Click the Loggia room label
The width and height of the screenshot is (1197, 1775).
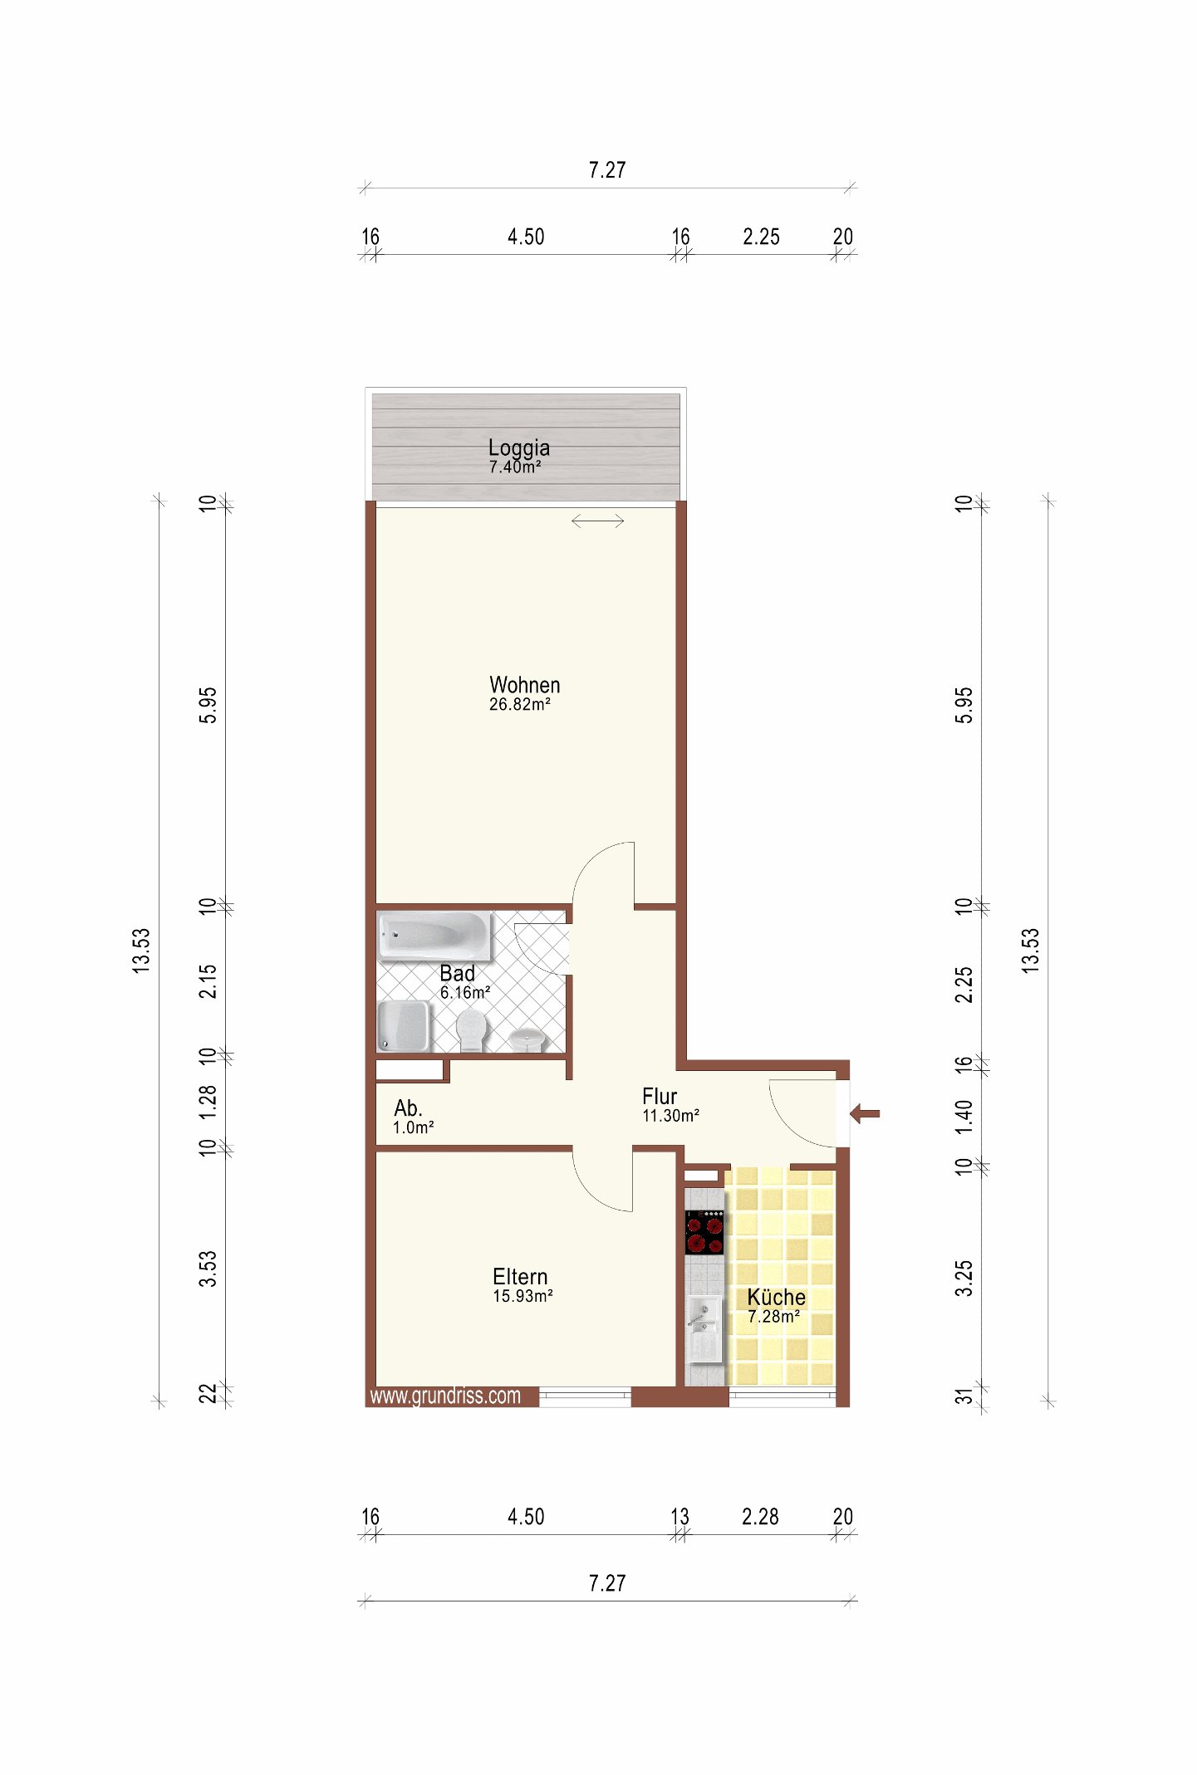point(519,448)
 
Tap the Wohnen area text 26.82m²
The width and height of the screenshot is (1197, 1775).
point(520,705)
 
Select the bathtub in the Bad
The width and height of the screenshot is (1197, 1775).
point(434,936)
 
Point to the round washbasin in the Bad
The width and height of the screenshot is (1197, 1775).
point(527,1039)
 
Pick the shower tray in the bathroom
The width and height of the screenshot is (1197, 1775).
point(404,1026)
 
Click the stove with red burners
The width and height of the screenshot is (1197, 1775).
point(704,1232)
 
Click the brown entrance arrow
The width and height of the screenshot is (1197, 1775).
point(865,1114)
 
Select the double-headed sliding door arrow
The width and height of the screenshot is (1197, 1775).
point(597,521)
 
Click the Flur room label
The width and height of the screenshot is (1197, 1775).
point(660,1097)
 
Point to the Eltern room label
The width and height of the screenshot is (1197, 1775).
point(520,1277)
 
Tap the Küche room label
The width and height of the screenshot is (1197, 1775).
point(776,1297)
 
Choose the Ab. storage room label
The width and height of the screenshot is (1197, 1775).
point(408,1108)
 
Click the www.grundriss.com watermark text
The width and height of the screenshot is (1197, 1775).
point(445,1396)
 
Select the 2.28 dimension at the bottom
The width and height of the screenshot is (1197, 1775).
point(760,1517)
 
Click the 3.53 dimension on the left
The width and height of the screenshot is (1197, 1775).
point(208,1269)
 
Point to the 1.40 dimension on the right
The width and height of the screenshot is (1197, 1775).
point(964,1117)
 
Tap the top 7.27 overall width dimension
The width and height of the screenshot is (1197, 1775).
point(607,170)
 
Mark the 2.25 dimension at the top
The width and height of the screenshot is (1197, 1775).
point(761,237)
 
